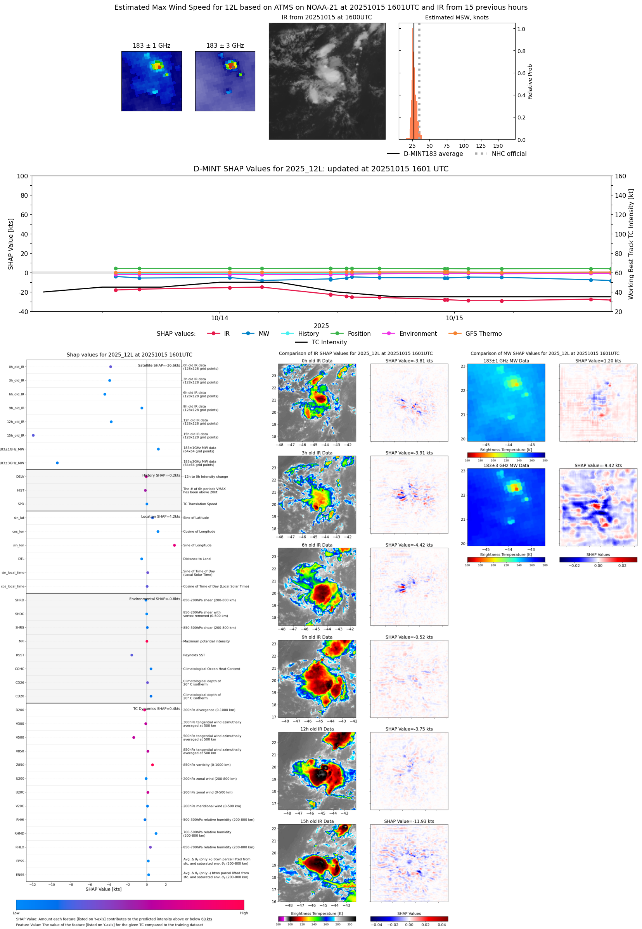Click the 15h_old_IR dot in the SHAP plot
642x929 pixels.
(33, 435)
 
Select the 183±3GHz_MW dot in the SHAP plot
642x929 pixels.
(57, 463)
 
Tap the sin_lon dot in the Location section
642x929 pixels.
(174, 545)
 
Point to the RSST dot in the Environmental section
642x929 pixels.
(132, 655)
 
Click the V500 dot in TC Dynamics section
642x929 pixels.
(133, 737)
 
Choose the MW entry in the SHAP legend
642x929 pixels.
(263, 334)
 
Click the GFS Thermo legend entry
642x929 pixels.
(483, 334)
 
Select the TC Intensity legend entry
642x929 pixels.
(329, 342)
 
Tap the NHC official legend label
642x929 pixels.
(509, 154)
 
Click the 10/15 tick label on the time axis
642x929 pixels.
(454, 318)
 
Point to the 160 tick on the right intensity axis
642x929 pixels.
(620, 176)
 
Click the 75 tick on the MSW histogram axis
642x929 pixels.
(446, 146)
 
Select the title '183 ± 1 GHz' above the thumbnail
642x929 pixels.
(151, 46)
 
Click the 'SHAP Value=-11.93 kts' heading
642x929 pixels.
(409, 821)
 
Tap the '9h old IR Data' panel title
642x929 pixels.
(317, 637)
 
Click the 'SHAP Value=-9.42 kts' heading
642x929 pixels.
(598, 466)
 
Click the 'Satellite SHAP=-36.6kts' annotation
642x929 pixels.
(159, 365)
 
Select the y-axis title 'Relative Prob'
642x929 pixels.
(530, 81)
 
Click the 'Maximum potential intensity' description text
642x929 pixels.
(206, 641)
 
